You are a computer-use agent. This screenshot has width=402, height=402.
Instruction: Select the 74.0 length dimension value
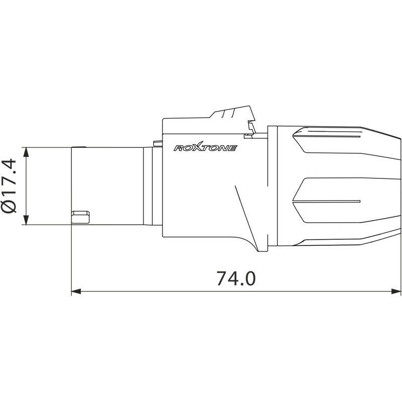coord(236,278)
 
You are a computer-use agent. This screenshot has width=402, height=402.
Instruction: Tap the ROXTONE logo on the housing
coord(205,148)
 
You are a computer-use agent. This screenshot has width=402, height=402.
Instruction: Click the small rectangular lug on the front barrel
coord(80,216)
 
